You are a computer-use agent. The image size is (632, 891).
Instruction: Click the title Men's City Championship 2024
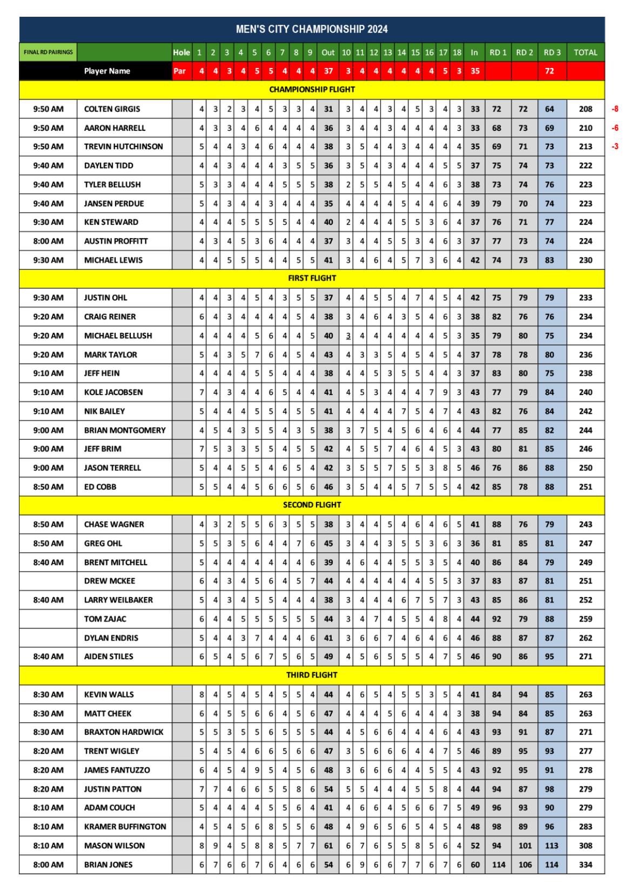(x=312, y=29)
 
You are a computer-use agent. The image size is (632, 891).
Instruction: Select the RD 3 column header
(x=552, y=52)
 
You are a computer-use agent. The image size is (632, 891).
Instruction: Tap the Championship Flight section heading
(x=312, y=89)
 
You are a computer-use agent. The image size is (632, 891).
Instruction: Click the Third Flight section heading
(x=312, y=675)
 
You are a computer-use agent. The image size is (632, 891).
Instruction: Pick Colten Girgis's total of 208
(x=586, y=109)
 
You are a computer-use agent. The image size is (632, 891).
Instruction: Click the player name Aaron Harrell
(x=115, y=128)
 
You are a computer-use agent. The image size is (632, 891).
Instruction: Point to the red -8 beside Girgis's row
(x=615, y=109)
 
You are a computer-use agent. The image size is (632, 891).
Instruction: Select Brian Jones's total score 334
(x=586, y=865)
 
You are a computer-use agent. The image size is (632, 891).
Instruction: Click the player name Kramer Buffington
(x=125, y=827)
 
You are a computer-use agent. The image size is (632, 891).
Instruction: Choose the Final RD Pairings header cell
(x=48, y=52)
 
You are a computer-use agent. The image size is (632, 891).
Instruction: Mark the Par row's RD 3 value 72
(x=549, y=71)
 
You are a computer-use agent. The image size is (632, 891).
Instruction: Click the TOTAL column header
(x=586, y=52)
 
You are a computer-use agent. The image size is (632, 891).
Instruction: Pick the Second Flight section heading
(x=312, y=505)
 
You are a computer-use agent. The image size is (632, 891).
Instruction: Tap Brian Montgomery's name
(x=125, y=430)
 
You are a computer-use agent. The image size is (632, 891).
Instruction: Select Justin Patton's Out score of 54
(x=328, y=789)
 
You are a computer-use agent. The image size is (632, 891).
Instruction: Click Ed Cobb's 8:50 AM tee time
(x=48, y=487)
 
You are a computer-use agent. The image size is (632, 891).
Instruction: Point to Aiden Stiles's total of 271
(x=586, y=656)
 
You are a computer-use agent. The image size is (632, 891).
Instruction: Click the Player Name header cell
(x=107, y=71)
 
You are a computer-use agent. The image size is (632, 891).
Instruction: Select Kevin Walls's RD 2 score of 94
(x=523, y=694)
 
